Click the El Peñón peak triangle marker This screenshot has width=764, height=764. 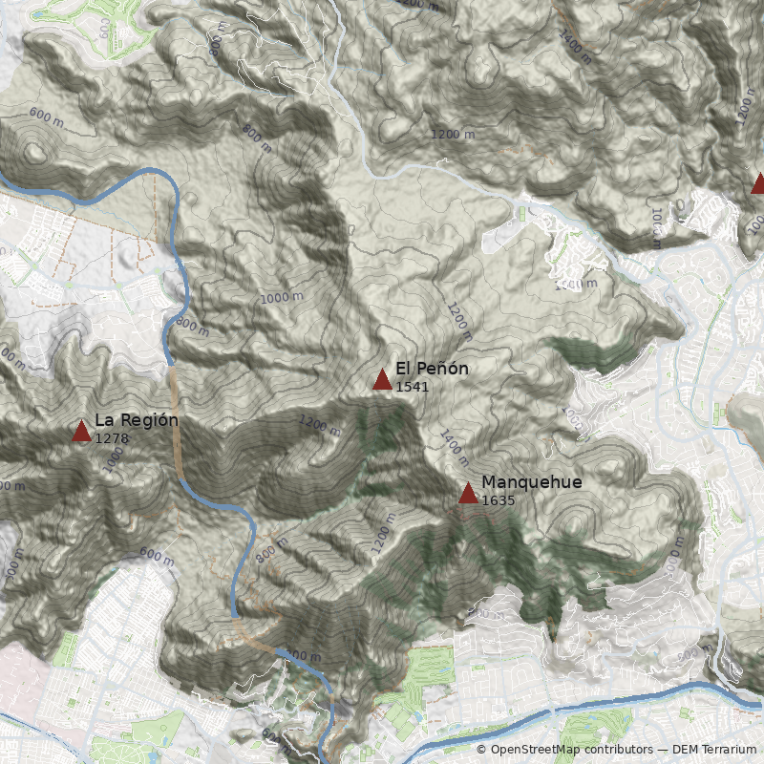[382, 380]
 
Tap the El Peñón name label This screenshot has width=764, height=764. [432, 369]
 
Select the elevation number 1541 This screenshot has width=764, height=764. [412, 387]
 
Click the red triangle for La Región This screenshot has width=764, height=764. [81, 431]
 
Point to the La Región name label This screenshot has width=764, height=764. [137, 419]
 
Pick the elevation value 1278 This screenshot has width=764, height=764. [111, 437]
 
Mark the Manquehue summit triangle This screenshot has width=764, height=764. [468, 493]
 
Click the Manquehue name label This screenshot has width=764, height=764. [531, 481]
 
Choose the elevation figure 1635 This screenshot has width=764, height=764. [498, 499]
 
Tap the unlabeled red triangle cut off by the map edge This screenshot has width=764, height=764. [758, 183]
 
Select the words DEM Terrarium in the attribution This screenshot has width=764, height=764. [714, 750]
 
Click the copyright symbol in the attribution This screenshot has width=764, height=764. [482, 750]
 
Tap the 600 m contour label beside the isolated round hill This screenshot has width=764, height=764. [47, 115]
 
